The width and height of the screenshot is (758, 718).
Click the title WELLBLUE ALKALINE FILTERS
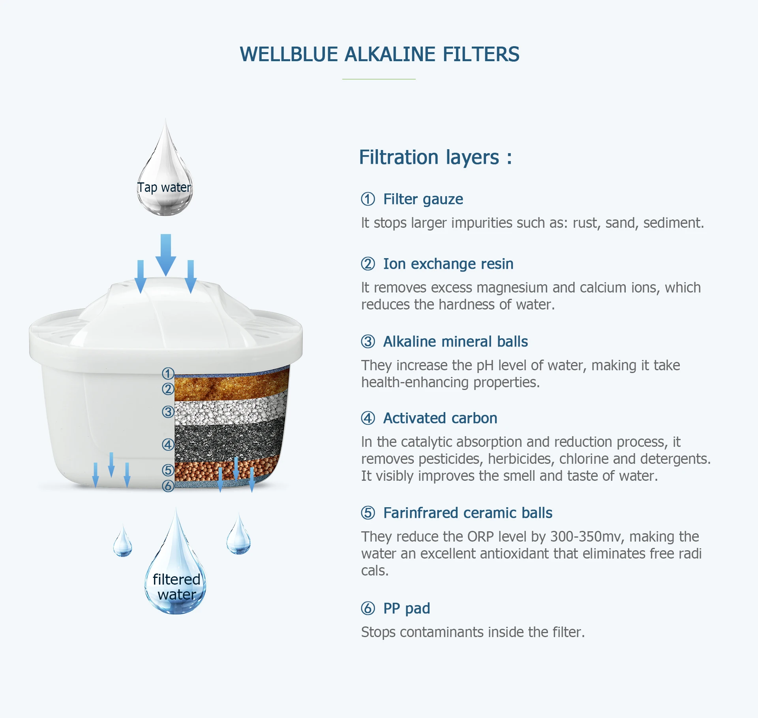[379, 54]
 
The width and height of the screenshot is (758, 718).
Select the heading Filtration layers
[435, 157]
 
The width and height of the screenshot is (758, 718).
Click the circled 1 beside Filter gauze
[368, 199]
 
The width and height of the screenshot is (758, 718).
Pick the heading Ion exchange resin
[448, 264]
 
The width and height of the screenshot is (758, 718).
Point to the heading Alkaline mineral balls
[455, 341]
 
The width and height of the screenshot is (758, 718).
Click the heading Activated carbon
[440, 418]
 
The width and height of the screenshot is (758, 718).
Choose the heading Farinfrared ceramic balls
[467, 513]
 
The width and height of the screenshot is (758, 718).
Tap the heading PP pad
[406, 608]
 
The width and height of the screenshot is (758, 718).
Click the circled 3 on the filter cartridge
[168, 412]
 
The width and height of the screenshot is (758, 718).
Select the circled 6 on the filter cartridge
[168, 486]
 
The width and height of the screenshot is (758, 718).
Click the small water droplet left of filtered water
[123, 543]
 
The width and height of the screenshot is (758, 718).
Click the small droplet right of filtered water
[238, 537]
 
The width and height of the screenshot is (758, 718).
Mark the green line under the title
[379, 79]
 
